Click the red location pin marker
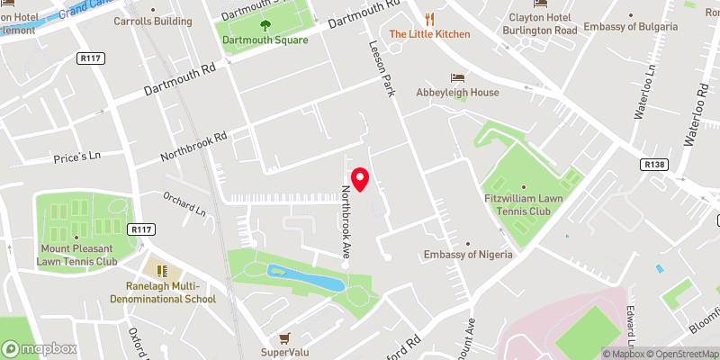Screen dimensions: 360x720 tap(361, 179)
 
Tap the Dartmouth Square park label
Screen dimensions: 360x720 tap(265, 40)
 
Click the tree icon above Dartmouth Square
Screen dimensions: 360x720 tap(265, 24)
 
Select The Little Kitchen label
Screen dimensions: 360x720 tap(429, 34)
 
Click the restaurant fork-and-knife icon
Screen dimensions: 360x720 tap(429, 19)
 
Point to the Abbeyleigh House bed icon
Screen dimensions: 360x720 tap(456, 77)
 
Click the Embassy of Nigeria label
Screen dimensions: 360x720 tap(468, 255)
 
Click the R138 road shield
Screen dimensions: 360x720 tap(653, 165)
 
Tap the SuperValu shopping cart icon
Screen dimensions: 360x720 tap(284, 338)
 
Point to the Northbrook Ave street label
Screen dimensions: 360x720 tap(346, 221)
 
